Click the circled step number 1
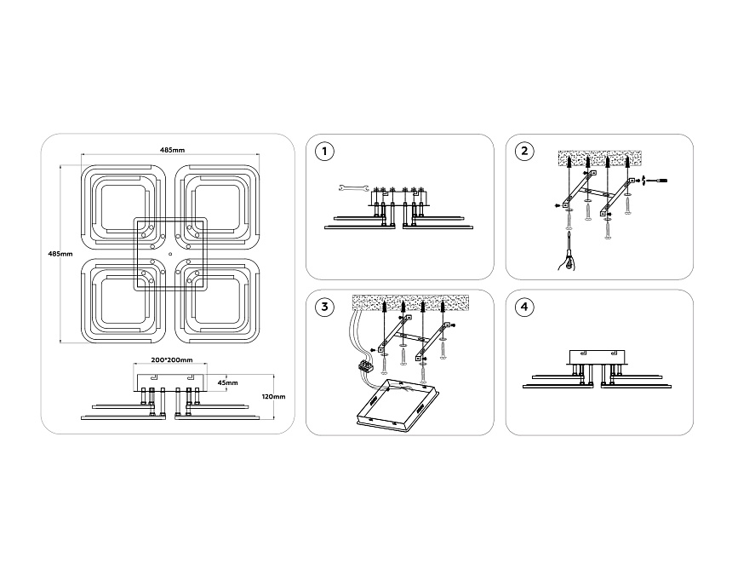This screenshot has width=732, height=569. [324, 152]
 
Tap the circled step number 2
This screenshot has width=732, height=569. [524, 152]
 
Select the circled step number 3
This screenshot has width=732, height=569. [324, 307]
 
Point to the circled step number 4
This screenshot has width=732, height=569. [524, 307]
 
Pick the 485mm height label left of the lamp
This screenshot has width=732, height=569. [60, 254]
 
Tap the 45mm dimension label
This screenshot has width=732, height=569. [227, 382]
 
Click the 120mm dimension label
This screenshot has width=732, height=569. [273, 397]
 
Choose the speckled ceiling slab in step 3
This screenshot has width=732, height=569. [410, 302]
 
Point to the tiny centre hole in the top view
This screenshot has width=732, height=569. [171, 254]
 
